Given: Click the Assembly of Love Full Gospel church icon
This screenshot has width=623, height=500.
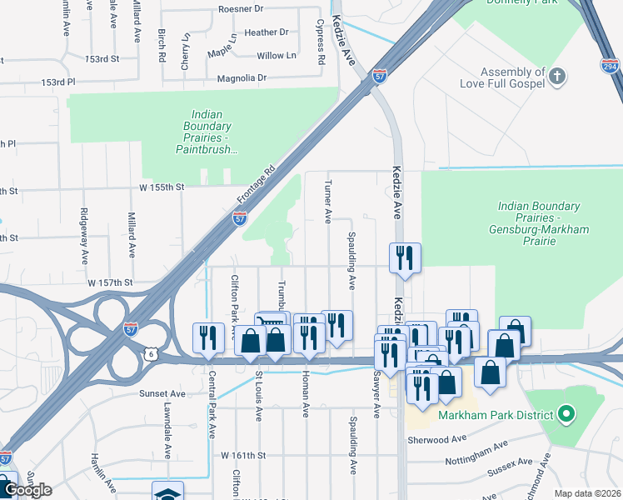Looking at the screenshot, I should coord(558,78).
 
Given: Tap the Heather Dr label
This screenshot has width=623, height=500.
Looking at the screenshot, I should coord(266,32).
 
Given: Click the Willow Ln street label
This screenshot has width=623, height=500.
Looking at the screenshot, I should coord(277,56).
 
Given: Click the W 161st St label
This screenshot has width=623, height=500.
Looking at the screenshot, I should coord(243,456).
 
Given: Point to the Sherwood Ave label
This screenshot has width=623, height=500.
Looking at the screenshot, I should coord(436,439).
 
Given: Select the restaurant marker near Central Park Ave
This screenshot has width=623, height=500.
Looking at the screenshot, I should coord(207,337).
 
